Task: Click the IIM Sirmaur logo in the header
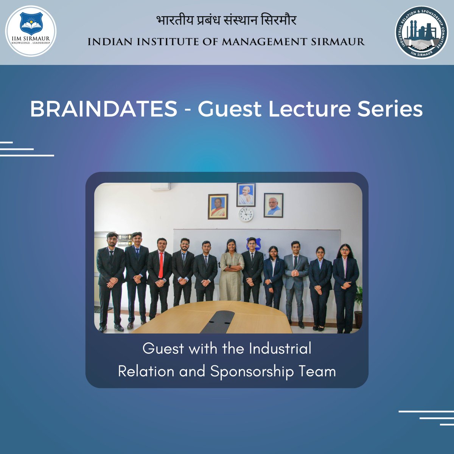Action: pos(31,31)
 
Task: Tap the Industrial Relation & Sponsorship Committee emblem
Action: pos(421,32)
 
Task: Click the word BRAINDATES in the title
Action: pos(103,109)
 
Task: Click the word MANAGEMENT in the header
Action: pos(264,42)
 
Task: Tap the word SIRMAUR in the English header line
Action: pos(338,42)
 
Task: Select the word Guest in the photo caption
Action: pos(163,348)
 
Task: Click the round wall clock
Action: pos(246,214)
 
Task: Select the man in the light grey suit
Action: pos(296,280)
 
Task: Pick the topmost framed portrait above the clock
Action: pos(246,195)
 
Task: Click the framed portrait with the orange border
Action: pos(218,207)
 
